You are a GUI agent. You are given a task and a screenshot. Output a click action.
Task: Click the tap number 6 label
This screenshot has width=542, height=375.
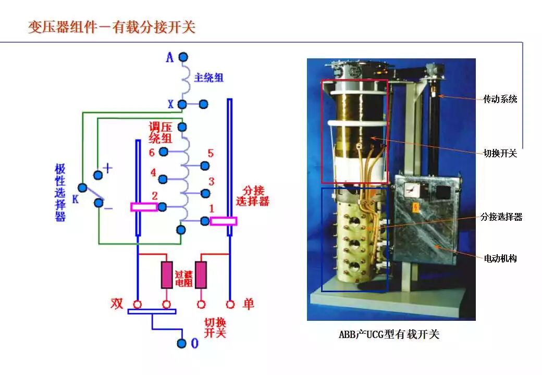coord(152,153)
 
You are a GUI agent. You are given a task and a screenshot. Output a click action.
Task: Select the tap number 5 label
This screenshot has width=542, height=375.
coord(211,154)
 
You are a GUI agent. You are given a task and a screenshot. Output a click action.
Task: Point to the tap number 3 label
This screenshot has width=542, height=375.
coord(211,182)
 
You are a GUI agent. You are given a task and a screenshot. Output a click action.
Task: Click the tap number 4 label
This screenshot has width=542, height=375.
coord(153,173)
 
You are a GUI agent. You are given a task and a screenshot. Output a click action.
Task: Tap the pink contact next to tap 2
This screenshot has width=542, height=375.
coord(143,207)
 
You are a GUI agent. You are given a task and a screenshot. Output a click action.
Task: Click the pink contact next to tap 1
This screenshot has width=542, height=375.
coord(224,221)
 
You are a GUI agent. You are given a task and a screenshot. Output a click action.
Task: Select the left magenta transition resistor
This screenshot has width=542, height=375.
coord(167,274)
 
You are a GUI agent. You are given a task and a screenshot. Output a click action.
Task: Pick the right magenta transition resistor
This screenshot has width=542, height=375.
coord(201,274)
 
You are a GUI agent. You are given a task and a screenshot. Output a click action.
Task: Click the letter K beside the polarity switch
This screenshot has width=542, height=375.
coord(75,198)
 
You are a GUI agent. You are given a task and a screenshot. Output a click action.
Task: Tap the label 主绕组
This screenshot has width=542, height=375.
coord(209,78)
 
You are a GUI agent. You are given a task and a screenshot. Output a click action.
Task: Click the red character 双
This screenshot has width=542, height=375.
coord(117,303)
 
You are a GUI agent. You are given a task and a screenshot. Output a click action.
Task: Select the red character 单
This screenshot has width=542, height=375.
coord(248,303)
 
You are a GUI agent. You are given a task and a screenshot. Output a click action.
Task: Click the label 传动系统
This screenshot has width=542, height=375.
coord(500,98)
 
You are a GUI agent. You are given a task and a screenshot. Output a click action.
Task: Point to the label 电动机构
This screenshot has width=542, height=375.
coord(500,258)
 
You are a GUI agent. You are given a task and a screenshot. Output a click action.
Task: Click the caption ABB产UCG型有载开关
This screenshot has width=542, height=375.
coord(389,334)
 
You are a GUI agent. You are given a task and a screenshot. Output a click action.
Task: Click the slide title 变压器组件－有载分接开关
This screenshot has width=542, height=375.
coord(112,27)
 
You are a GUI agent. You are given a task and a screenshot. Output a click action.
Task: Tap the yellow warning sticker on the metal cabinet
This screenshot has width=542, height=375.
coord(416,207)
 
